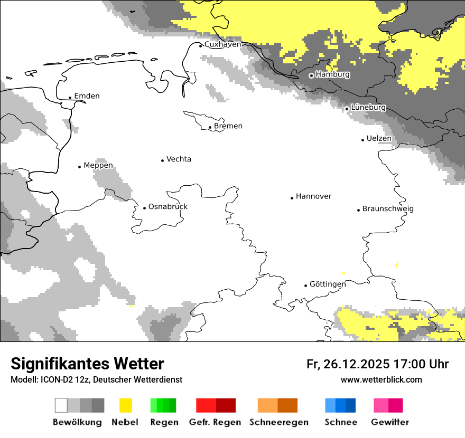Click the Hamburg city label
332,74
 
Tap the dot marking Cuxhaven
201,45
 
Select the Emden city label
87,96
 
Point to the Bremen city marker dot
210,127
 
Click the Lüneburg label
368,108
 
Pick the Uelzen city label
379,139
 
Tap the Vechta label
179,159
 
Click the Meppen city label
98,166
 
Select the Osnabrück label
168,207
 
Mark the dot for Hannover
292,198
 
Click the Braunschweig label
388,209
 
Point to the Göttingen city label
328,284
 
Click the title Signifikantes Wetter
87,364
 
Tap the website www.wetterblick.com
381,380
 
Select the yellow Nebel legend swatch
125,405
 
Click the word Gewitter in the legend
390,422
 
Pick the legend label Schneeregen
279,422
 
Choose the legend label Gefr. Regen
215,422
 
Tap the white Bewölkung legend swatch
61,405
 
